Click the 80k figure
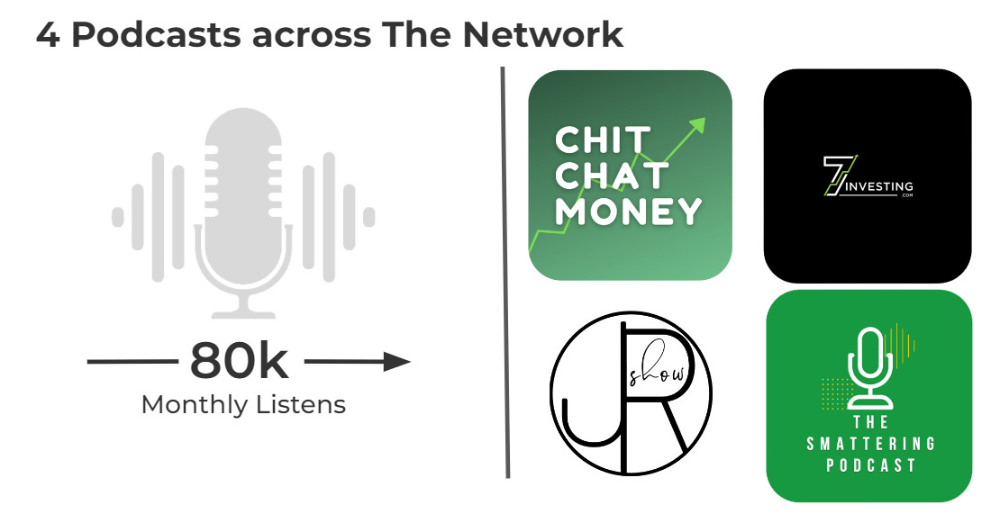(x=240, y=362)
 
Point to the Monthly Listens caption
(x=243, y=404)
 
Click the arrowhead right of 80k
(x=395, y=362)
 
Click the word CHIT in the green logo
(x=602, y=141)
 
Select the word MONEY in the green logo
(x=628, y=211)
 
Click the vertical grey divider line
(x=505, y=270)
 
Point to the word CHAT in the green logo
(x=613, y=176)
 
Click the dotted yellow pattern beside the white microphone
(x=835, y=392)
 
